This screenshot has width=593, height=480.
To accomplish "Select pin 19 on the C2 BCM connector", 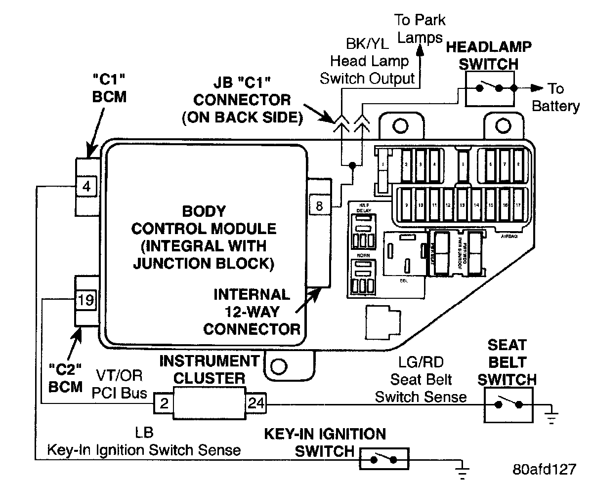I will point(85,300).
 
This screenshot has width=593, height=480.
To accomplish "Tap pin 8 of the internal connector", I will point(319,205).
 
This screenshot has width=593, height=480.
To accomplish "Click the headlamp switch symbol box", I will point(489,88).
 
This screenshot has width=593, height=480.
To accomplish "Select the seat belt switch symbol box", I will point(508,404).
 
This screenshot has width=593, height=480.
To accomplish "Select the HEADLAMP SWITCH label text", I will point(489,55).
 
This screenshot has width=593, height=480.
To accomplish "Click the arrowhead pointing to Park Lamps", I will point(421,49).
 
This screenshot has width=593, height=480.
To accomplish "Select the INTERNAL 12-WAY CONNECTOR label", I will point(252,311).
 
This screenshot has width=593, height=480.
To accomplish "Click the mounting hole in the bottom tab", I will point(279,366).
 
